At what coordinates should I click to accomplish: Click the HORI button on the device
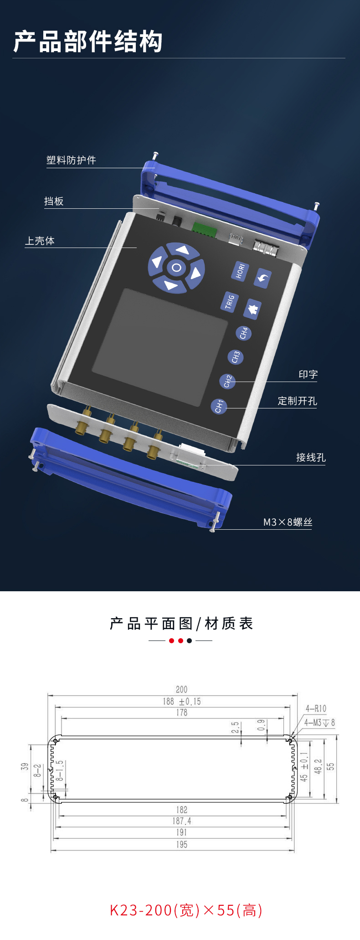[x=240, y=271]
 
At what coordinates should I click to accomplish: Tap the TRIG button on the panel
[x=230, y=302]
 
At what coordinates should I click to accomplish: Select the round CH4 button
[x=243, y=333]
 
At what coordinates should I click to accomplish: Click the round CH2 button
[x=227, y=381]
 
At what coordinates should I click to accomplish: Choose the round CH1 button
[x=219, y=406]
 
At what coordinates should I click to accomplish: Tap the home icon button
[x=252, y=309]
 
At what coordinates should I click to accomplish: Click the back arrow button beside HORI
[x=262, y=278]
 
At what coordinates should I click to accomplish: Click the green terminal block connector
[x=204, y=230]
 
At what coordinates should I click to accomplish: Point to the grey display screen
[x=160, y=346]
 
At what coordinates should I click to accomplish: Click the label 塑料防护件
[x=71, y=160]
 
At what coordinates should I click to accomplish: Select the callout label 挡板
[x=54, y=201]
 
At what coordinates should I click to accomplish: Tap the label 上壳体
[x=40, y=241]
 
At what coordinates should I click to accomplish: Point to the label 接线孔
[x=311, y=457]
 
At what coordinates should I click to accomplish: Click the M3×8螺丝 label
[x=288, y=522]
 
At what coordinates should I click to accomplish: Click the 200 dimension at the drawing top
[x=181, y=689]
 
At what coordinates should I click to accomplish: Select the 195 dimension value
[x=181, y=844]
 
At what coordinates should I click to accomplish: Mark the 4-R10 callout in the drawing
[x=316, y=708]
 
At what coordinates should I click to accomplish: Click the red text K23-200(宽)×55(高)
[x=186, y=910]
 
